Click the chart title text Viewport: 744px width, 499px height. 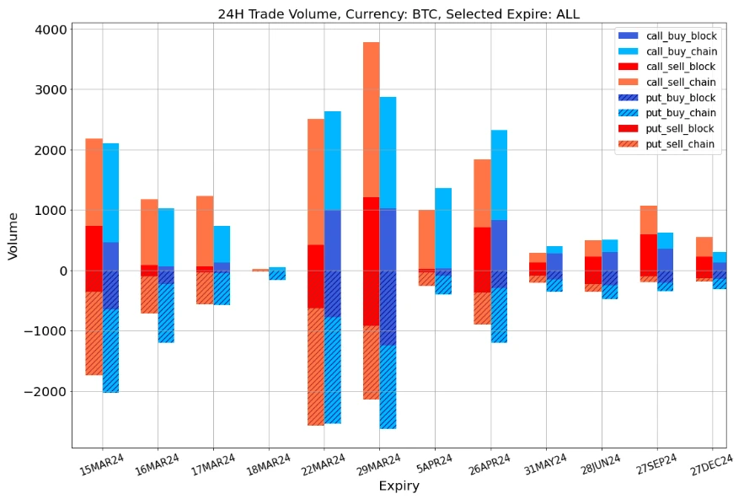(399, 13)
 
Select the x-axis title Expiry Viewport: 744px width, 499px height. (399, 486)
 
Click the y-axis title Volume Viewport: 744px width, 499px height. (13, 235)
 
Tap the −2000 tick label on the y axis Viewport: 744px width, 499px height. (46, 391)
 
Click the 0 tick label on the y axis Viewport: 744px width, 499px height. (62, 271)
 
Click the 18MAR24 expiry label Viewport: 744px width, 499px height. (268, 465)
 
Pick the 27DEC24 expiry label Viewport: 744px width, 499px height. (713, 465)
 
